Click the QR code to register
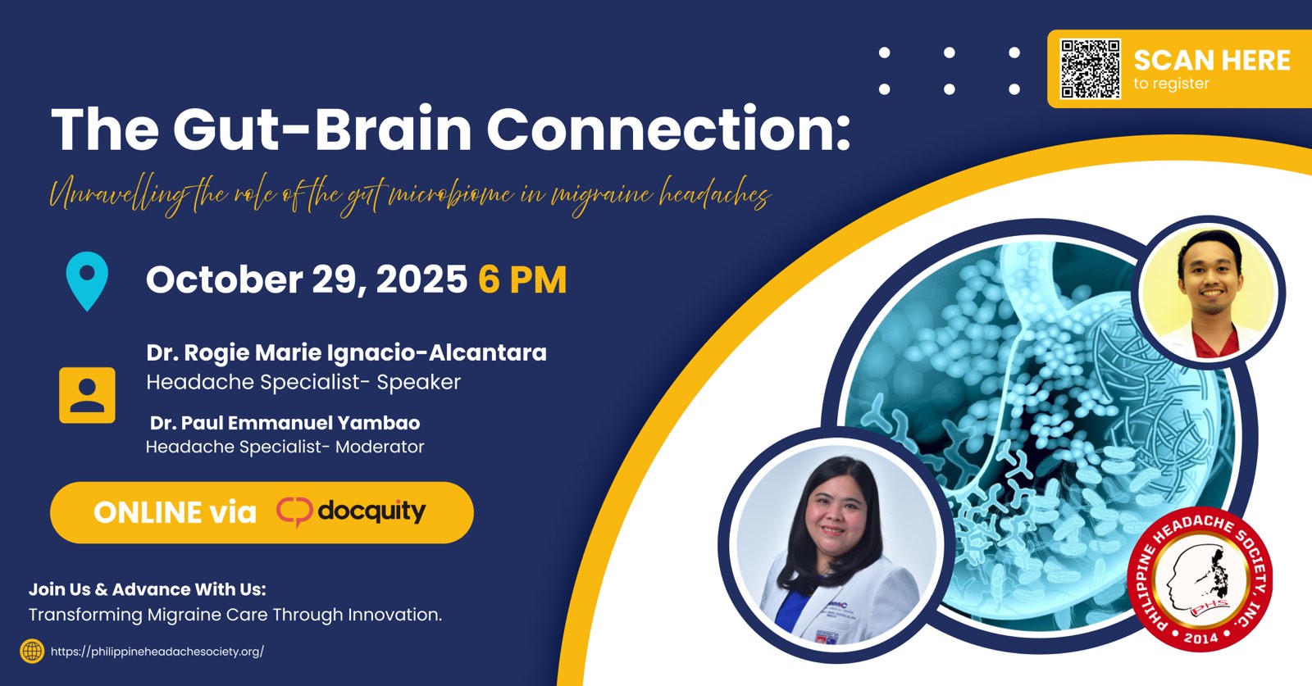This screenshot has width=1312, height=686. tap(1090, 69)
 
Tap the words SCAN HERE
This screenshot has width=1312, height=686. tap(1212, 61)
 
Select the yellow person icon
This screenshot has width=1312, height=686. tap(87, 395)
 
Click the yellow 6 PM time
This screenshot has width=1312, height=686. tap(522, 279)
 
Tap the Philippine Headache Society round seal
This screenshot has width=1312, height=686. tap(1200, 579)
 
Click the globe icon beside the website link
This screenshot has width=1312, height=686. tap(32, 651)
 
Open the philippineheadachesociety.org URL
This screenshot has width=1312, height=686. tap(157, 652)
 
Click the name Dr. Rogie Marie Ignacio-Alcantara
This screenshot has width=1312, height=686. tap(346, 352)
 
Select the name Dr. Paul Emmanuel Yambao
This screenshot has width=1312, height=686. tap(285, 423)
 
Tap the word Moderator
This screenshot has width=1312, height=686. tap(380, 447)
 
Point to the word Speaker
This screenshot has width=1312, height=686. tap(419, 382)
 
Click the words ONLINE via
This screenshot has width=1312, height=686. tap(175, 513)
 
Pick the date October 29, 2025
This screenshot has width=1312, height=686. tap(307, 279)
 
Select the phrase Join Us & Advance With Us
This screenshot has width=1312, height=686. tap(147, 588)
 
